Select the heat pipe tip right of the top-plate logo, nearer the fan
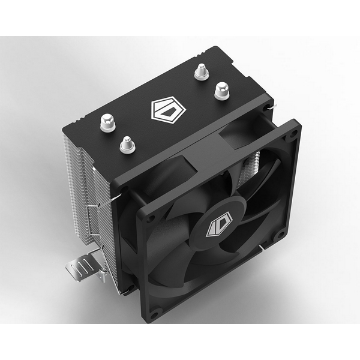point(221,91)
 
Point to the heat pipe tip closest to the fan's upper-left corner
point(127,144)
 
